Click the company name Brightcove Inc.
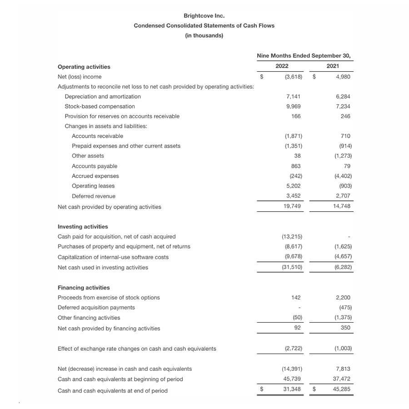[204, 16]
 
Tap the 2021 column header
[333, 66]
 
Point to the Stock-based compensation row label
[100, 106]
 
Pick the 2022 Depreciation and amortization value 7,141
[293, 96]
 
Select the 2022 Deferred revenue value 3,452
[293, 196]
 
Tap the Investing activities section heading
[83, 226]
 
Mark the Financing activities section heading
[84, 288]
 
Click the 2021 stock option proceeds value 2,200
[343, 298]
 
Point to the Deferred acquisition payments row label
[96, 308]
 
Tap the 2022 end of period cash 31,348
[292, 389]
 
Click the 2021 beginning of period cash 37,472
[342, 379]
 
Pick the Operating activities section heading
[84, 67]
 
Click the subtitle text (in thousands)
[204, 35]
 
